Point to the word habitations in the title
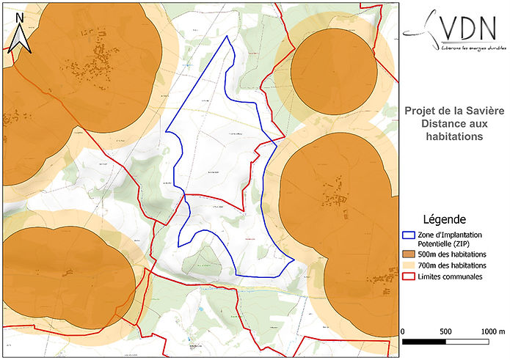coord(453,136)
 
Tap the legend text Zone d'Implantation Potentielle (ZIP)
coord(455,238)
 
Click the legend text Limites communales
coord(451,276)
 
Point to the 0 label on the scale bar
coord(404,331)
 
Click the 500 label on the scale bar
coord(445,331)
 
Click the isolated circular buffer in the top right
coord(334,70)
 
